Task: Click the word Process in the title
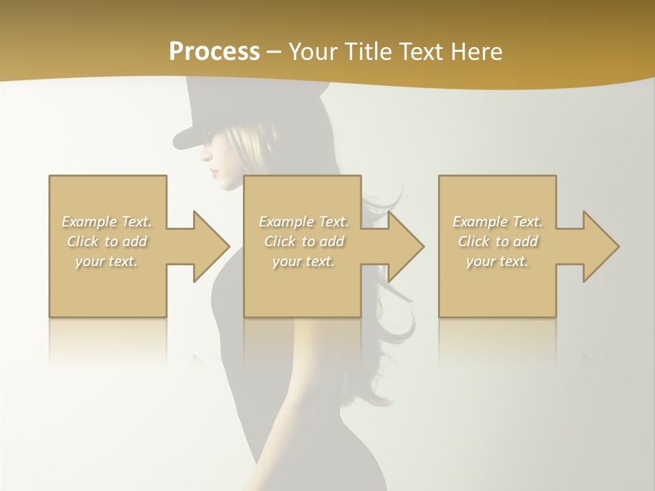pyautogui.click(x=214, y=52)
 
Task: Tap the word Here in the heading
pyautogui.click(x=477, y=52)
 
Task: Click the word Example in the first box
pyautogui.click(x=89, y=222)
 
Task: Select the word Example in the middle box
pyautogui.click(x=285, y=222)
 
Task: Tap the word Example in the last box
pyautogui.click(x=479, y=222)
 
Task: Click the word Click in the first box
pyautogui.click(x=83, y=241)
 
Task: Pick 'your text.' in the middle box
pyautogui.click(x=304, y=261)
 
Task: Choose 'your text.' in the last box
pyautogui.click(x=497, y=261)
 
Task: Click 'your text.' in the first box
pyautogui.click(x=107, y=261)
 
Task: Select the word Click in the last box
pyautogui.click(x=474, y=241)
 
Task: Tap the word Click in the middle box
pyautogui.click(x=280, y=241)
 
